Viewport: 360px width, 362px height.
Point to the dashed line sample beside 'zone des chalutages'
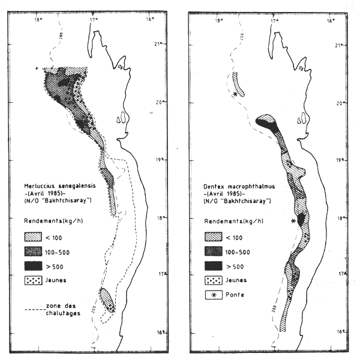[x=33, y=310]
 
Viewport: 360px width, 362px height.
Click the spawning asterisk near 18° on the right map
[x=293, y=222]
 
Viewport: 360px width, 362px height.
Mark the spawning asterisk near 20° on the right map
[x=234, y=95]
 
